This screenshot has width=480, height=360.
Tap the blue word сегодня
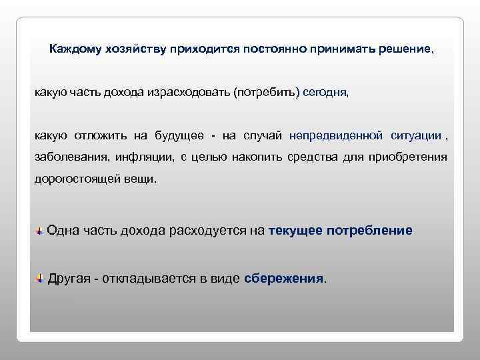pyautogui.click(x=325, y=93)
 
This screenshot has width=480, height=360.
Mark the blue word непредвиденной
pyautogui.click(x=336, y=136)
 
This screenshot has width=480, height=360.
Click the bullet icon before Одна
pyautogui.click(x=41, y=231)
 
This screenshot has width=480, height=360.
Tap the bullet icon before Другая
pyautogui.click(x=41, y=277)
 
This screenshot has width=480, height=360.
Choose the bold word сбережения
pyautogui.click(x=284, y=278)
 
